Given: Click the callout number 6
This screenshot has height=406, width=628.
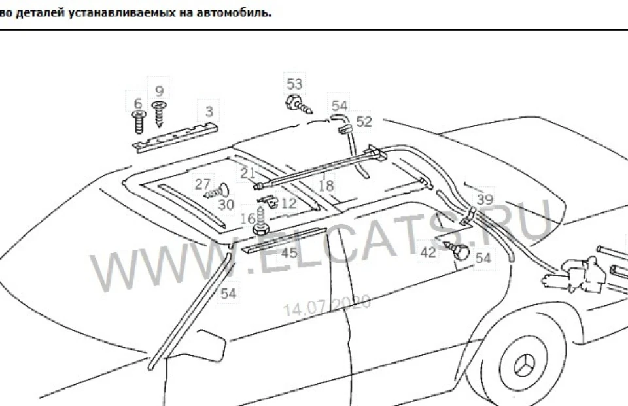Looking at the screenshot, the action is (x=138, y=103).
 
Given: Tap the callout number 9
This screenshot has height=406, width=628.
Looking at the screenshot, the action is (x=160, y=91).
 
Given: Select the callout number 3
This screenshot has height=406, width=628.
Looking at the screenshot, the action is (x=209, y=111).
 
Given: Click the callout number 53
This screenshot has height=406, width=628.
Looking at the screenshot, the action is (x=294, y=84).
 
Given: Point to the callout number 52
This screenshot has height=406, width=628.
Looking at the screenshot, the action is (x=364, y=122).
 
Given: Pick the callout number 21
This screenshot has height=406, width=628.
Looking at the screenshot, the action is (x=247, y=173).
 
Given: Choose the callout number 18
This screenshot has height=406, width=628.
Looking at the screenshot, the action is (x=326, y=186).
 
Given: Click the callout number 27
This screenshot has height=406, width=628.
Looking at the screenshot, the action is (x=203, y=184).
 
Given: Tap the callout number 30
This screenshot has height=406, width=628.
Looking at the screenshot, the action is (x=226, y=205).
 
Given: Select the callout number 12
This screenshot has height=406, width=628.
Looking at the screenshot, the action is (x=288, y=203).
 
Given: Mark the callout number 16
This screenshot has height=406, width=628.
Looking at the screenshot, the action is (x=249, y=218).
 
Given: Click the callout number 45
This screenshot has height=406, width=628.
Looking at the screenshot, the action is (x=289, y=253).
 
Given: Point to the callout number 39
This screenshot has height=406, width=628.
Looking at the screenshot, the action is (x=485, y=199).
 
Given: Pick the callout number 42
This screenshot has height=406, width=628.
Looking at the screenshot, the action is (x=428, y=252).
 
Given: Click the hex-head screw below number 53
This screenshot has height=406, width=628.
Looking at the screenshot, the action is (x=298, y=105).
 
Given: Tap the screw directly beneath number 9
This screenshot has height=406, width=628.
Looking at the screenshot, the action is (x=160, y=114).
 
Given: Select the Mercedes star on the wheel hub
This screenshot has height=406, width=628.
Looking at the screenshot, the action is (x=524, y=366).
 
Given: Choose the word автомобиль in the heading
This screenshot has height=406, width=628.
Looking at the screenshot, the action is (x=234, y=13).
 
